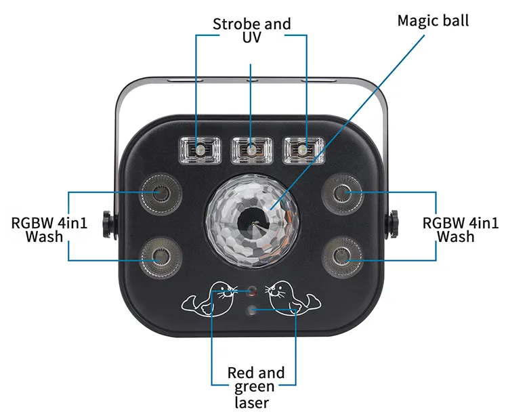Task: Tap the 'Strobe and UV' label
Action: click(x=251, y=30)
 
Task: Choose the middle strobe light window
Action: click(x=251, y=149)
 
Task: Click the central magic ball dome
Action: click(x=252, y=215)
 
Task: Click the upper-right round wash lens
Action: click(x=345, y=194)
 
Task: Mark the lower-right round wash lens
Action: click(x=345, y=256)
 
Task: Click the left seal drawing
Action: click(x=213, y=299)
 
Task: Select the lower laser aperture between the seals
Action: click(x=252, y=310)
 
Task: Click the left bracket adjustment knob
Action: click(x=106, y=224)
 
